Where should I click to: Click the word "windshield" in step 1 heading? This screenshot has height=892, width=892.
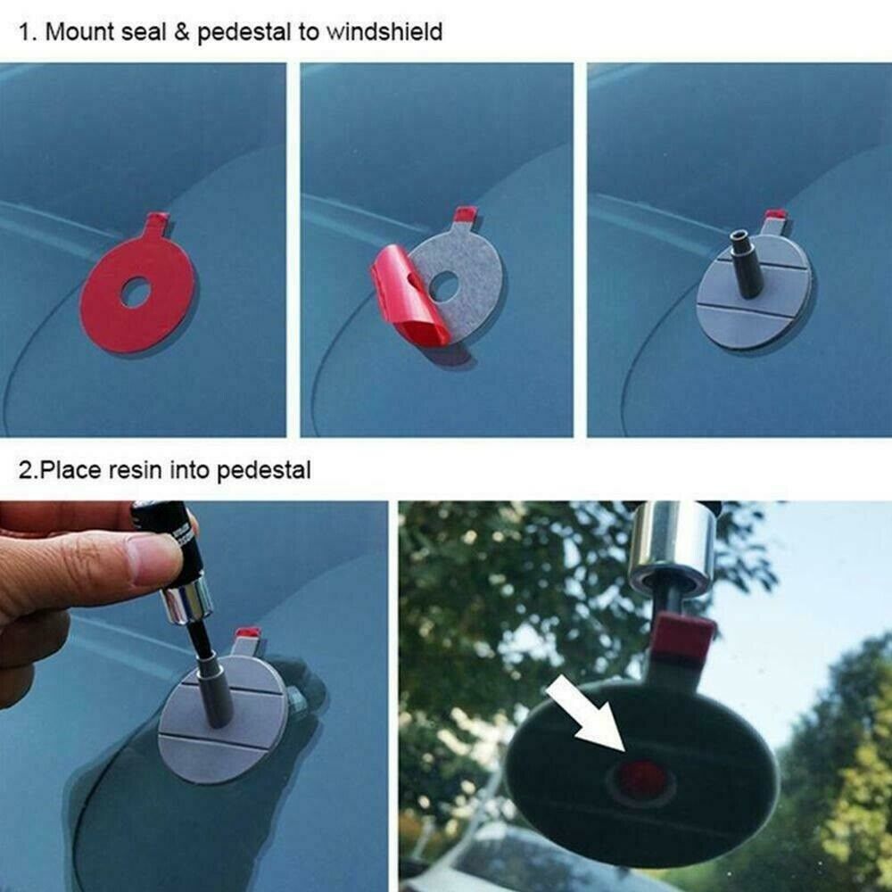384,33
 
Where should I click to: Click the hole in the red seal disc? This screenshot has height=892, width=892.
136,293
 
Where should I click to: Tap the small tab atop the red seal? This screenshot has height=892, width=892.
157,220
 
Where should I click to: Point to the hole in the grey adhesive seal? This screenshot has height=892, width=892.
443,286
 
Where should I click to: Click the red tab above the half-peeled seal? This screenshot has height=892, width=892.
466,215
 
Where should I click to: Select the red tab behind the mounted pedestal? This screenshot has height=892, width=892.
776,216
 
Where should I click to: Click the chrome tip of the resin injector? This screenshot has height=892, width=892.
182,607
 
